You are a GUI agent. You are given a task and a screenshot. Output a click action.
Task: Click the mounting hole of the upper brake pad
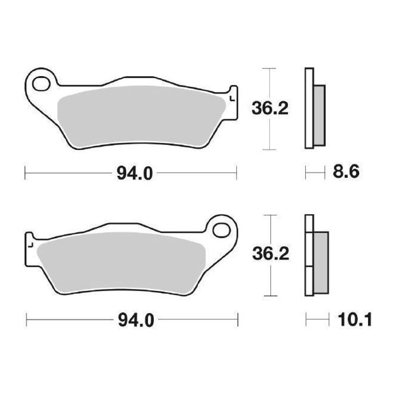pos(41,83)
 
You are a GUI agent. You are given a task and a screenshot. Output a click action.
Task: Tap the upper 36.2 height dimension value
pos(270,109)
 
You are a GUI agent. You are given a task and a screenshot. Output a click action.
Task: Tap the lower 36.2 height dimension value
pos(271,254)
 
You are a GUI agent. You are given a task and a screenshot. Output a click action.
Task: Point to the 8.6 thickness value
pos(346,172)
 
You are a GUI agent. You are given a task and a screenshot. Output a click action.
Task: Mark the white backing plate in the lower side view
pos(309,255)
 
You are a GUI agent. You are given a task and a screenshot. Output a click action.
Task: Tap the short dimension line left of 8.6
pos(315,172)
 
